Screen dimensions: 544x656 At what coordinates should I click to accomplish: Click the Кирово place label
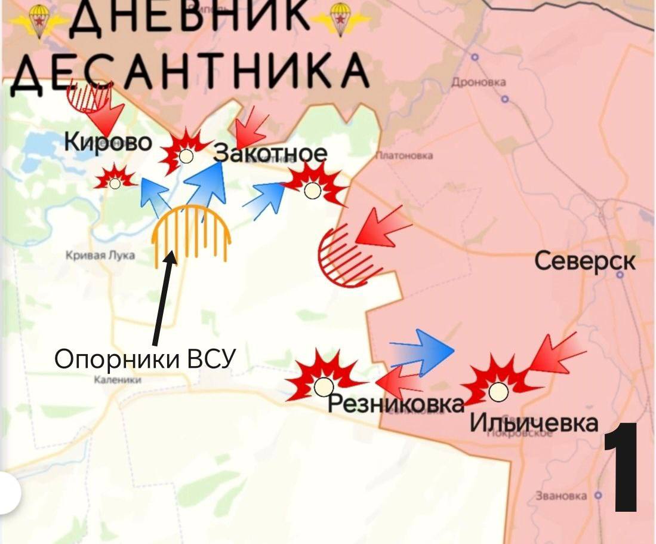point(107,143)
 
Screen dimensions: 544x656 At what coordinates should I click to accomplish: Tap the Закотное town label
point(271,153)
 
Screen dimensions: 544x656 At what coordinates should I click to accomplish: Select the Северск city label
point(584,261)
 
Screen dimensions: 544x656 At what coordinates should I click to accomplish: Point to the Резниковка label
point(396,404)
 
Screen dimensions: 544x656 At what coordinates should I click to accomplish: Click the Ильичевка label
point(534,422)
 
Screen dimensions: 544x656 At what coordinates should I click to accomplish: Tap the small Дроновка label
point(479,83)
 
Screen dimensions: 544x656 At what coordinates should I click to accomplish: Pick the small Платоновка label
point(404,156)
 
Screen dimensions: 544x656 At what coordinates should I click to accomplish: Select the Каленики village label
point(117,379)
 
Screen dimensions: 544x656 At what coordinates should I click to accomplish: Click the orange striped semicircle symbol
point(192,234)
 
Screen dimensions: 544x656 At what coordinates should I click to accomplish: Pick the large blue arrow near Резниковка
point(423,351)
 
